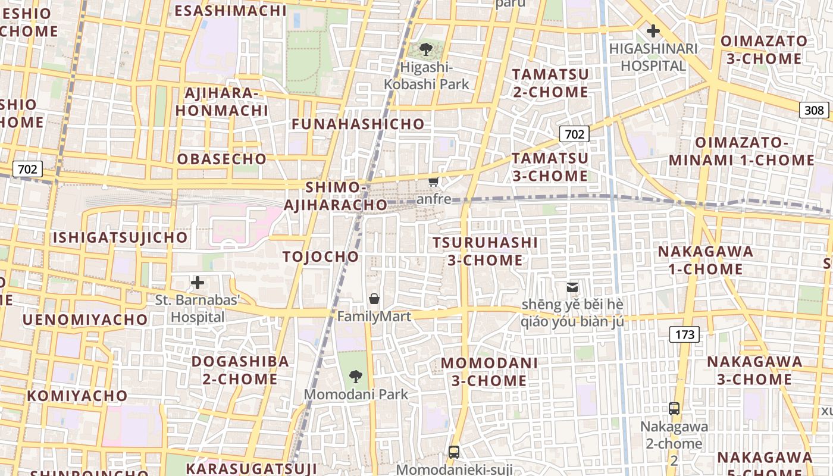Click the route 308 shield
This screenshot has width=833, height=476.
pos(814,110)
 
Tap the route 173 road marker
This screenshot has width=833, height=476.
pos(684,334)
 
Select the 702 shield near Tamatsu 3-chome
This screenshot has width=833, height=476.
pos(574,134)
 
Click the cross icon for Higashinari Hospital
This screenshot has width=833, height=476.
pos(653,30)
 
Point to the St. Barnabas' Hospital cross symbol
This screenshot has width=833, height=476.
pos(198,282)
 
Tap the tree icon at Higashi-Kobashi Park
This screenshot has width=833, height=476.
pos(426,49)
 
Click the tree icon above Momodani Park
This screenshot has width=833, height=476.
pos(356,376)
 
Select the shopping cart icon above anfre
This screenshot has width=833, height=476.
pos(434,181)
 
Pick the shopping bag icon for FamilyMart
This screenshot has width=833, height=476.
pos(374,298)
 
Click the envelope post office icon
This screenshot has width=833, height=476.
pos(572,287)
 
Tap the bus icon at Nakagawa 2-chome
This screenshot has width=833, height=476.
pos(674,409)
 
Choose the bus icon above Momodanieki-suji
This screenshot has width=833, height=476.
pos(454,452)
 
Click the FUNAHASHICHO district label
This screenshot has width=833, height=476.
pos(358,124)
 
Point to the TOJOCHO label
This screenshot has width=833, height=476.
pos(321,256)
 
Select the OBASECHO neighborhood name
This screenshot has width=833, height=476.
pos(221,159)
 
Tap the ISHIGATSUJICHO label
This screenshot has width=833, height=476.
pos(120,237)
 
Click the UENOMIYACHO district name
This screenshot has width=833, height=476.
pos(85,320)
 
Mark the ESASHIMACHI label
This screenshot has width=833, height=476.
pos(230,10)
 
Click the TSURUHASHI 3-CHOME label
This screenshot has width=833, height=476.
pos(485,251)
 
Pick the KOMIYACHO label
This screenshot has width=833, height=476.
pos(77,396)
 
